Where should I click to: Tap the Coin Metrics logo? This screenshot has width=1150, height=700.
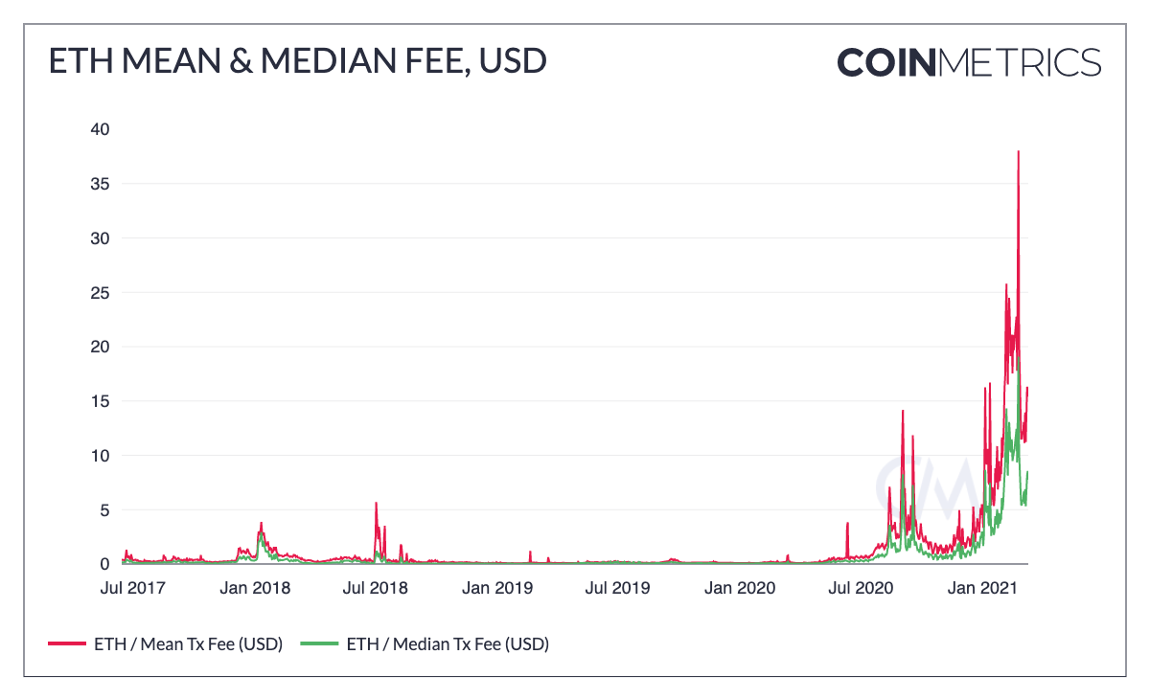[x=968, y=62]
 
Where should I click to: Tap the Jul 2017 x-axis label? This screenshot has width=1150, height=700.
[x=131, y=587]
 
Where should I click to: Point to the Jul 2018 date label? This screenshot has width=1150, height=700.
[x=375, y=587]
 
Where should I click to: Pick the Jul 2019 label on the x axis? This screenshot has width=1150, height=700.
[x=617, y=587]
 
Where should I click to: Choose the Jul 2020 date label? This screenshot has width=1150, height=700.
[x=860, y=587]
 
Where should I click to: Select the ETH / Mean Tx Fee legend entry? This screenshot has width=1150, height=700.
[x=165, y=644]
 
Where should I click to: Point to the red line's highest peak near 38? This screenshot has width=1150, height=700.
[x=1018, y=152]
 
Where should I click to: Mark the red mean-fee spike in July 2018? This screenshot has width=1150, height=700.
[x=376, y=503]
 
